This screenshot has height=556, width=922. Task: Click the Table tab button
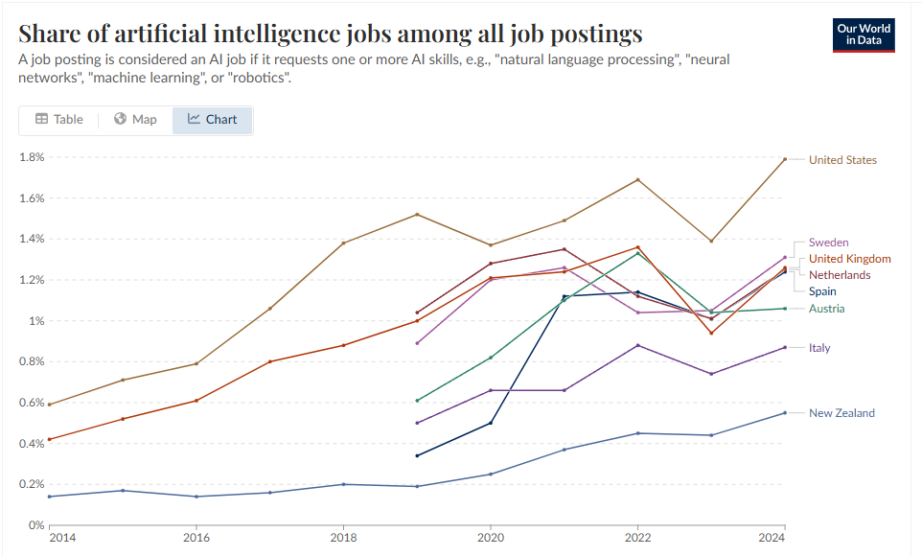tap(59, 120)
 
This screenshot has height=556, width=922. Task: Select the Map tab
tap(135, 120)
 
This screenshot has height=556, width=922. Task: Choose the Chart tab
tap(212, 120)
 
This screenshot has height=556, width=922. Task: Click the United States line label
tap(842, 160)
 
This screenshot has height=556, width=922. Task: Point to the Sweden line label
tap(828, 243)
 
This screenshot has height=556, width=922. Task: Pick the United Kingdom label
tap(849, 259)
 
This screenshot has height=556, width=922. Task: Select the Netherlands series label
tap(840, 275)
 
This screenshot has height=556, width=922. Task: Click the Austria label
tap(826, 309)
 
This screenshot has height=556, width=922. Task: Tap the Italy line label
tap(819, 348)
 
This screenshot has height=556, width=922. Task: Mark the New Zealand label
tap(841, 413)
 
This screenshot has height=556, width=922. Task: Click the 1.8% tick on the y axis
tap(33, 157)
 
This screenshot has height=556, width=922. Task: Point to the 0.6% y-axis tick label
tap(33, 403)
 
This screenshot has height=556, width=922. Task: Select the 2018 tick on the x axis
tap(343, 540)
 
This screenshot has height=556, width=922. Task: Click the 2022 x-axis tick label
tap(638, 540)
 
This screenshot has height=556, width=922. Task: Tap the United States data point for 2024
tap(785, 159)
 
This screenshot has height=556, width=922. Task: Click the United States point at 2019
tap(417, 214)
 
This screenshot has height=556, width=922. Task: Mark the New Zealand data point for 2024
tap(785, 412)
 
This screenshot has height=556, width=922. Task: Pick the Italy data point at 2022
tap(638, 345)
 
